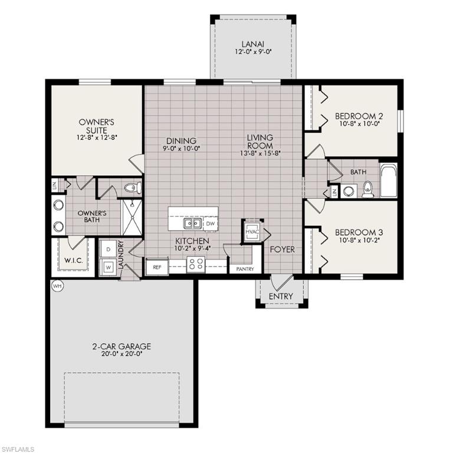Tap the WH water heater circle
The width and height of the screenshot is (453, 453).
pyautogui.click(x=57, y=286)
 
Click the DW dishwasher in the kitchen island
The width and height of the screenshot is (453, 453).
pyautogui.click(x=210, y=224)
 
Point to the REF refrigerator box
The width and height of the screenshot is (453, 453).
pyautogui.click(x=157, y=267)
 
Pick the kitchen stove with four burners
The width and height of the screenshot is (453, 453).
pyautogui.click(x=195, y=265)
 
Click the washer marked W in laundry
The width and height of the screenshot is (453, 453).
pyautogui.click(x=108, y=267)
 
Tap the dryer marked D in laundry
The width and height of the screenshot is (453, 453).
pyautogui.click(x=108, y=250)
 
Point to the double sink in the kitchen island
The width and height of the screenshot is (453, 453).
pyautogui.click(x=192, y=224)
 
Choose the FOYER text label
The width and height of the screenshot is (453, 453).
pyautogui.click(x=282, y=250)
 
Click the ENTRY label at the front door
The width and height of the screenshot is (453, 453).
pyautogui.click(x=281, y=296)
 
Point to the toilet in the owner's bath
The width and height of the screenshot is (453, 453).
pyautogui.click(x=133, y=188)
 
